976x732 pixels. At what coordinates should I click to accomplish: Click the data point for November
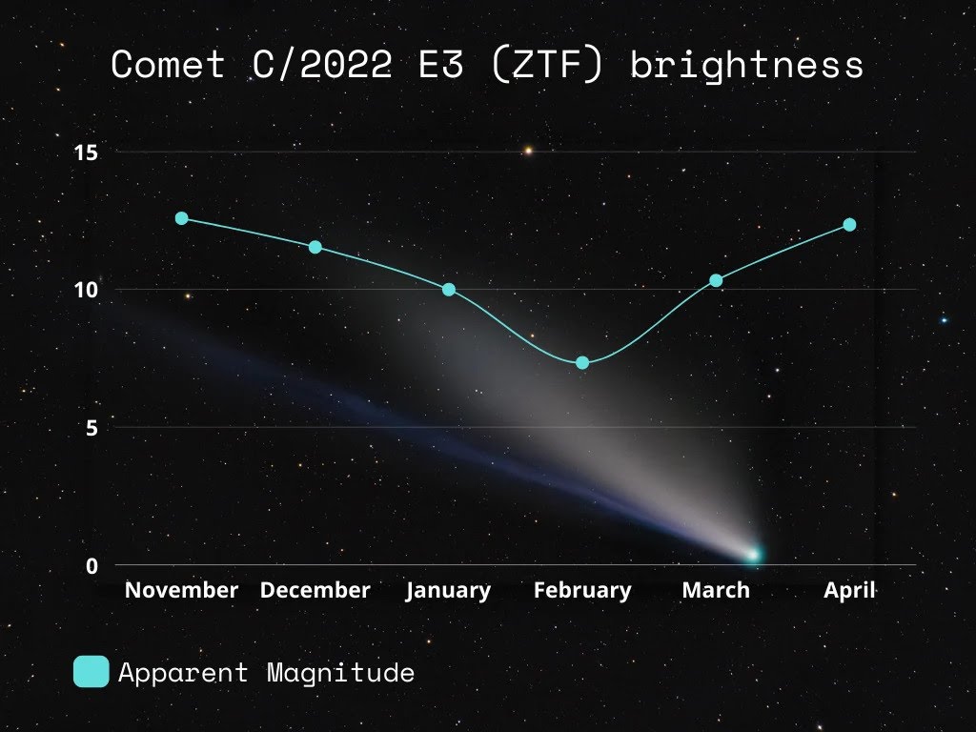tap(182, 218)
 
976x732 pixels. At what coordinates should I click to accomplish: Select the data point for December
tap(315, 247)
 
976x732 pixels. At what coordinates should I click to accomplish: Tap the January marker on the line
tap(449, 290)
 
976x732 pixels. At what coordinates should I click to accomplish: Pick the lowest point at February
tap(582, 363)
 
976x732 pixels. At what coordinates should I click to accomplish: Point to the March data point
tap(717, 281)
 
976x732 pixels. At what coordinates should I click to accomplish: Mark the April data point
tap(849, 225)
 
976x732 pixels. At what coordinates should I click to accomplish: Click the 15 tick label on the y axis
tap(86, 152)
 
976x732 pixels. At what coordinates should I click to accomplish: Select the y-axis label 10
tap(86, 290)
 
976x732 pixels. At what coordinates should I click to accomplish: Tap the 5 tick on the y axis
tap(92, 428)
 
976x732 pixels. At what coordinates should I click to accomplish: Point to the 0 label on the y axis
tap(92, 566)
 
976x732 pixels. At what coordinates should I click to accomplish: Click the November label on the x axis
tap(182, 590)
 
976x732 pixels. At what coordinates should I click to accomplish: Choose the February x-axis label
tap(582, 591)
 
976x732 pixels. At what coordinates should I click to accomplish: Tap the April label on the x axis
tap(849, 591)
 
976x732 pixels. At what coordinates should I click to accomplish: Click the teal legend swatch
tap(91, 672)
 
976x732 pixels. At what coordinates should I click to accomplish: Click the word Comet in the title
tap(168, 64)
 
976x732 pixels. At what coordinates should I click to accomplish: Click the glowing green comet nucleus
tap(753, 555)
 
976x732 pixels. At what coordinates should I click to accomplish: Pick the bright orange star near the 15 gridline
tap(528, 151)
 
